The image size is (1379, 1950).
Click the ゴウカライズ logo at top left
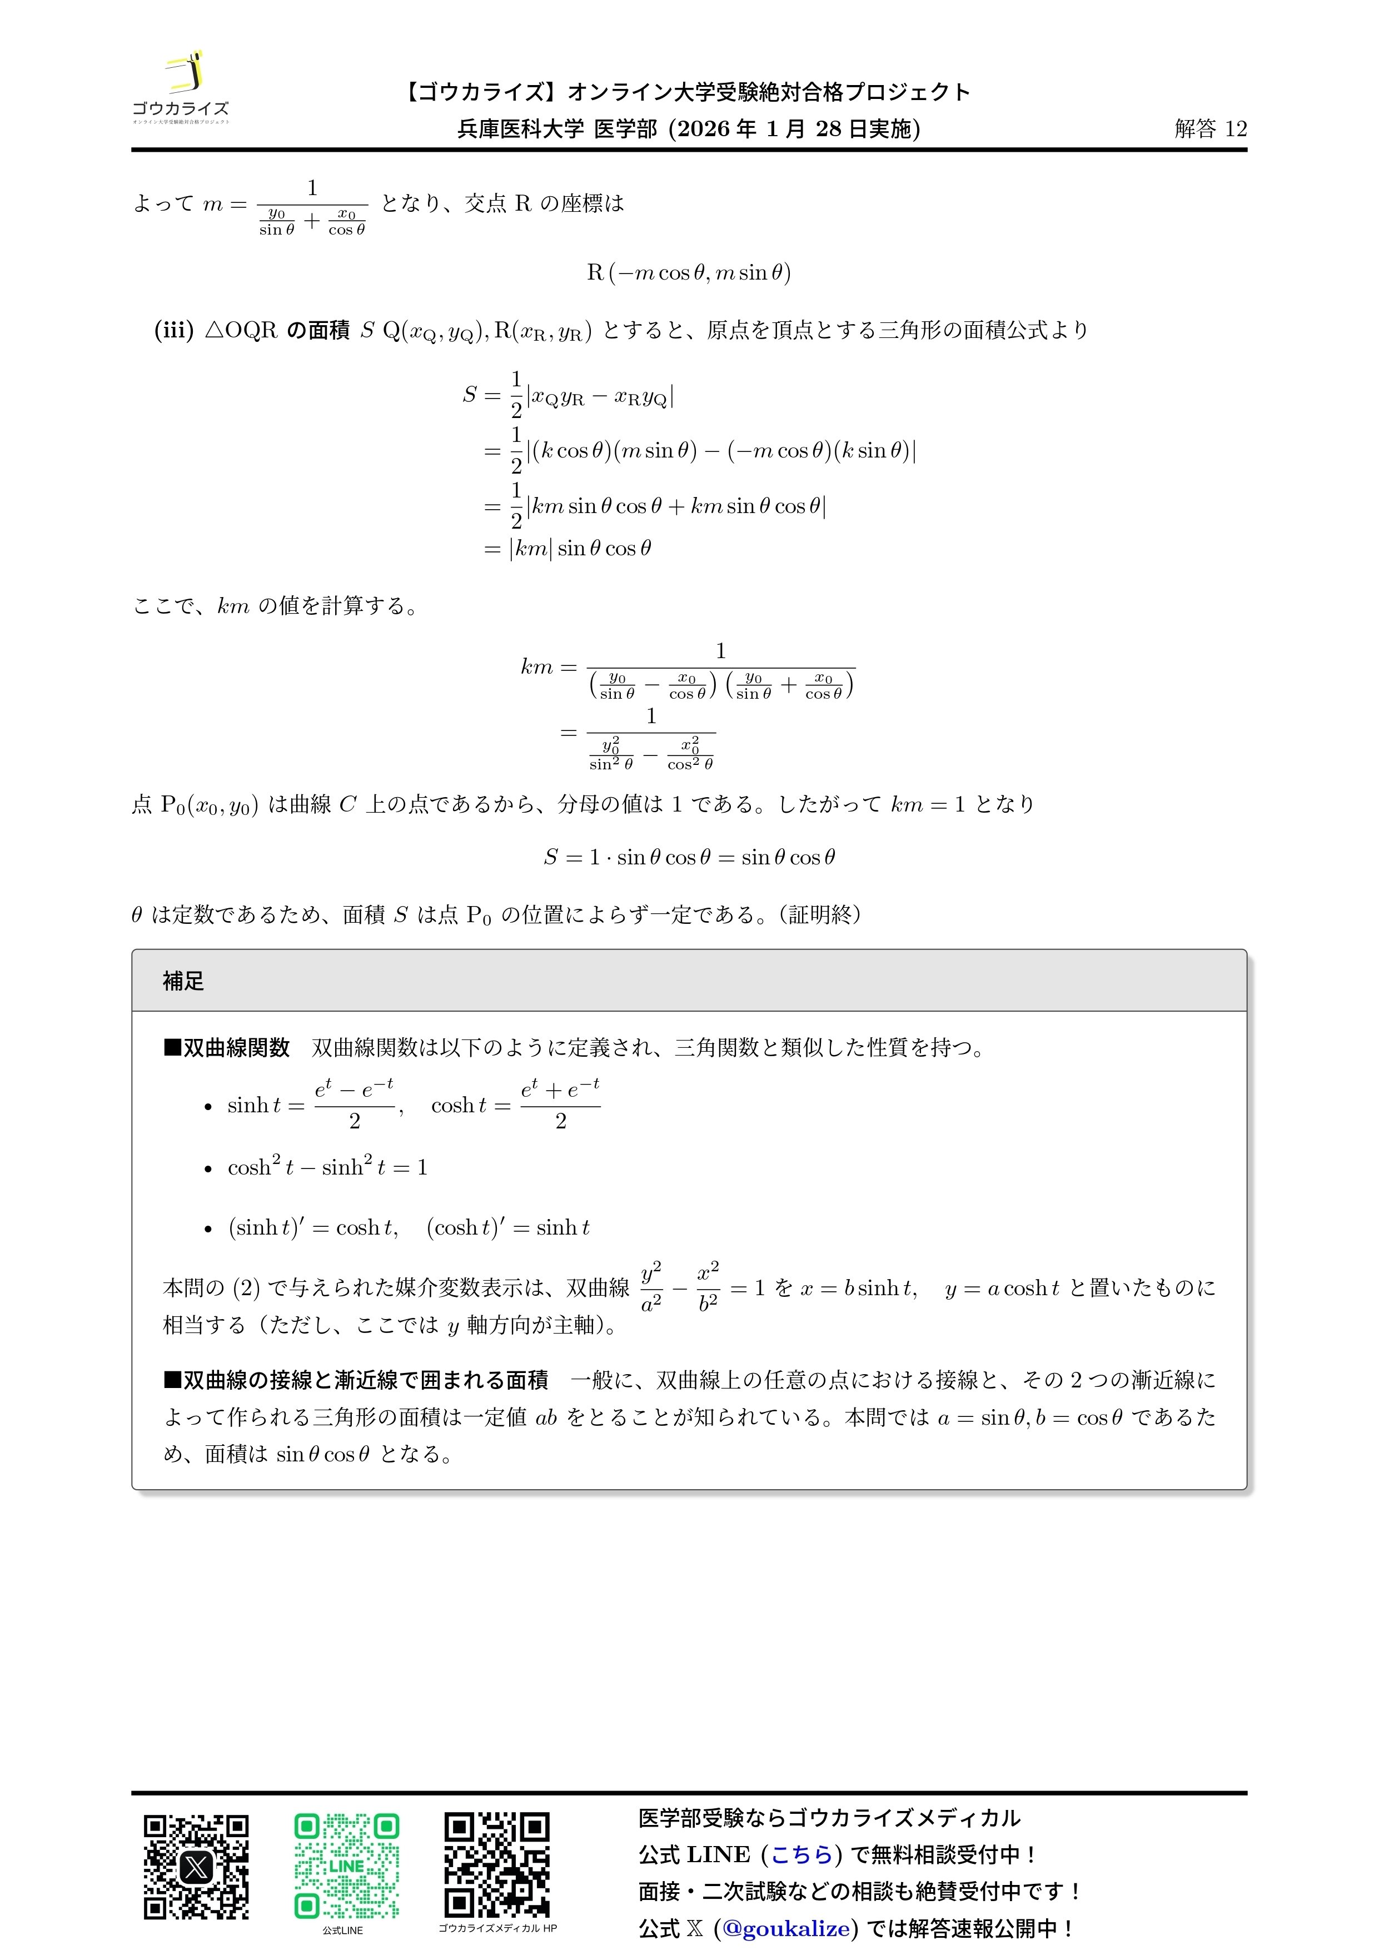180,87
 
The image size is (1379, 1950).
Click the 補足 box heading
183,981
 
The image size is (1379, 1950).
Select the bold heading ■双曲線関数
227,1047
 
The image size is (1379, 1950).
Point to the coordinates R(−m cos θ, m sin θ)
689,272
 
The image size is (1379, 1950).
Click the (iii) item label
174,330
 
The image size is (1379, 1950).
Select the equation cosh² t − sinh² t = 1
327,1167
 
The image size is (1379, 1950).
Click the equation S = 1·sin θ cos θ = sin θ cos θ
689,857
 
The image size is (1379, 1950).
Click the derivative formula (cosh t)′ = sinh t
508,1227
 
